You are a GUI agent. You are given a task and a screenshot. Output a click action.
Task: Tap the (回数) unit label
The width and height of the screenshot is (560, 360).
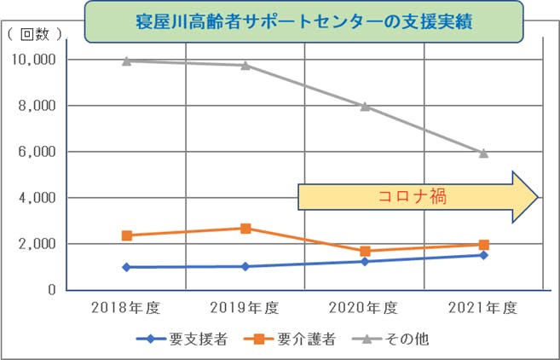[34, 34]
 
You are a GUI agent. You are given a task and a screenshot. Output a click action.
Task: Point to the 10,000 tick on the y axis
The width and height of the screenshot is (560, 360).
[33, 60]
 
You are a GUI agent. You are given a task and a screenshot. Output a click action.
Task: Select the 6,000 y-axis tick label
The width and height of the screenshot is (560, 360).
[38, 152]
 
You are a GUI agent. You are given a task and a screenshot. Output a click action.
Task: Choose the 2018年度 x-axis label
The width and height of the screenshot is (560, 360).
[126, 308]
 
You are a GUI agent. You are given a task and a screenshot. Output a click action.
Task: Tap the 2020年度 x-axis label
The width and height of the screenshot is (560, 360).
[364, 308]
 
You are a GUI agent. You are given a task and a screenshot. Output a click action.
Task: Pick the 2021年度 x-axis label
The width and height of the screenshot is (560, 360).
[483, 308]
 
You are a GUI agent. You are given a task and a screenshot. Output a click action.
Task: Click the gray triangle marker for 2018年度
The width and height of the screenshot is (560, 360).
[126, 61]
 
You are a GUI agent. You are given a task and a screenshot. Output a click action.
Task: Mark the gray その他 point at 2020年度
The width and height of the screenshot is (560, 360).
[365, 107]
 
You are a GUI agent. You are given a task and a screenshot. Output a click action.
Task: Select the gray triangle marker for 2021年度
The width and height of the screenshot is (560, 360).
[483, 154]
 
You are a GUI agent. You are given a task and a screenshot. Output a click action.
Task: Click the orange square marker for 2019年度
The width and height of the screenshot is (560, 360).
[245, 229]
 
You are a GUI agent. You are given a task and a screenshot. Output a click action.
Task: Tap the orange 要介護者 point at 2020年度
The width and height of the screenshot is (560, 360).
[365, 252]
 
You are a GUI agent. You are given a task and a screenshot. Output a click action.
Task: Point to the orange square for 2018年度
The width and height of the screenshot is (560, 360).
[126, 235]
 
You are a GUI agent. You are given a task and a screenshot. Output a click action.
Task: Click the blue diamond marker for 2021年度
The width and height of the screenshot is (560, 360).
[483, 255]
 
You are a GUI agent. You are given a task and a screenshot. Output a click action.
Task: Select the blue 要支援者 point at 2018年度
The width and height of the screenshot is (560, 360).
[126, 267]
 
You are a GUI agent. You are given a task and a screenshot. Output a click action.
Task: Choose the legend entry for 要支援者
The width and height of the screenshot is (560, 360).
[182, 339]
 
